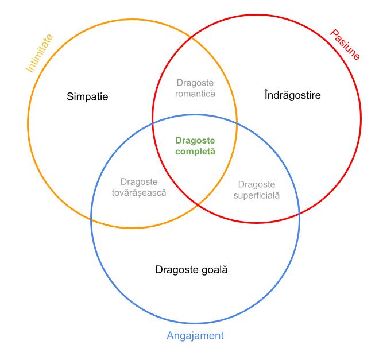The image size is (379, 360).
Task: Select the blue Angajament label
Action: (195, 336)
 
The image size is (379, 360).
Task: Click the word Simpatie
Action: (87, 96)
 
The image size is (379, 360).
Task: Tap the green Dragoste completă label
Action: (195, 146)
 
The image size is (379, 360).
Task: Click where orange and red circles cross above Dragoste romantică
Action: (191, 37)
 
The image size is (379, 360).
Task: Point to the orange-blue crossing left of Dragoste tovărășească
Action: (92, 219)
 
